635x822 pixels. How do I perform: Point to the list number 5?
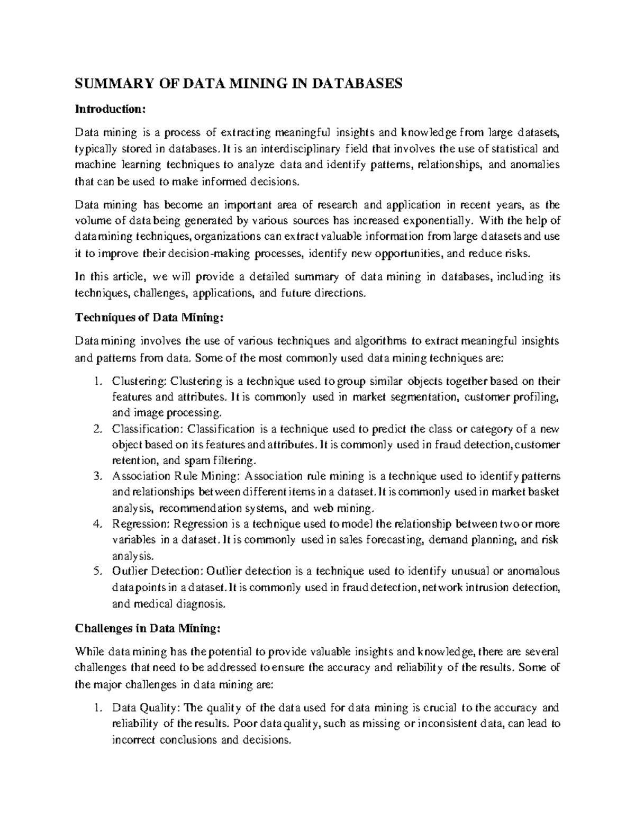click(96, 571)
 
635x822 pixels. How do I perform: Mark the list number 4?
click(96, 524)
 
